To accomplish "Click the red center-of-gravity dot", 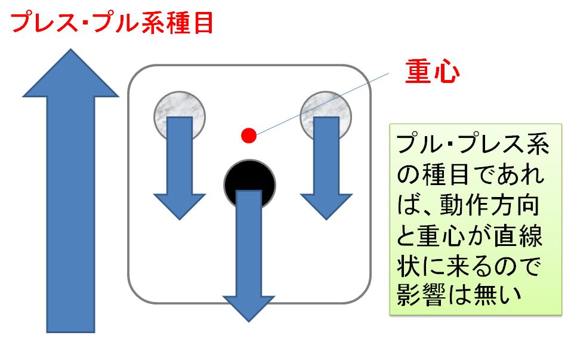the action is click(x=249, y=136).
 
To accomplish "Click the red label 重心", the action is click(x=432, y=72).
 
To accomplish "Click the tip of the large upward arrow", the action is click(x=70, y=49).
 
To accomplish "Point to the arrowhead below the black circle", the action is click(x=249, y=308).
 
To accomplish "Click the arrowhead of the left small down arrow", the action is click(x=180, y=207).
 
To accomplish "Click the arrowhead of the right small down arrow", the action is click(x=326, y=207).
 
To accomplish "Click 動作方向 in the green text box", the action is click(x=490, y=205).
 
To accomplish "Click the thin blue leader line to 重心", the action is click(x=322, y=104).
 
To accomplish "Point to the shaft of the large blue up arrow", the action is click(x=70, y=214).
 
